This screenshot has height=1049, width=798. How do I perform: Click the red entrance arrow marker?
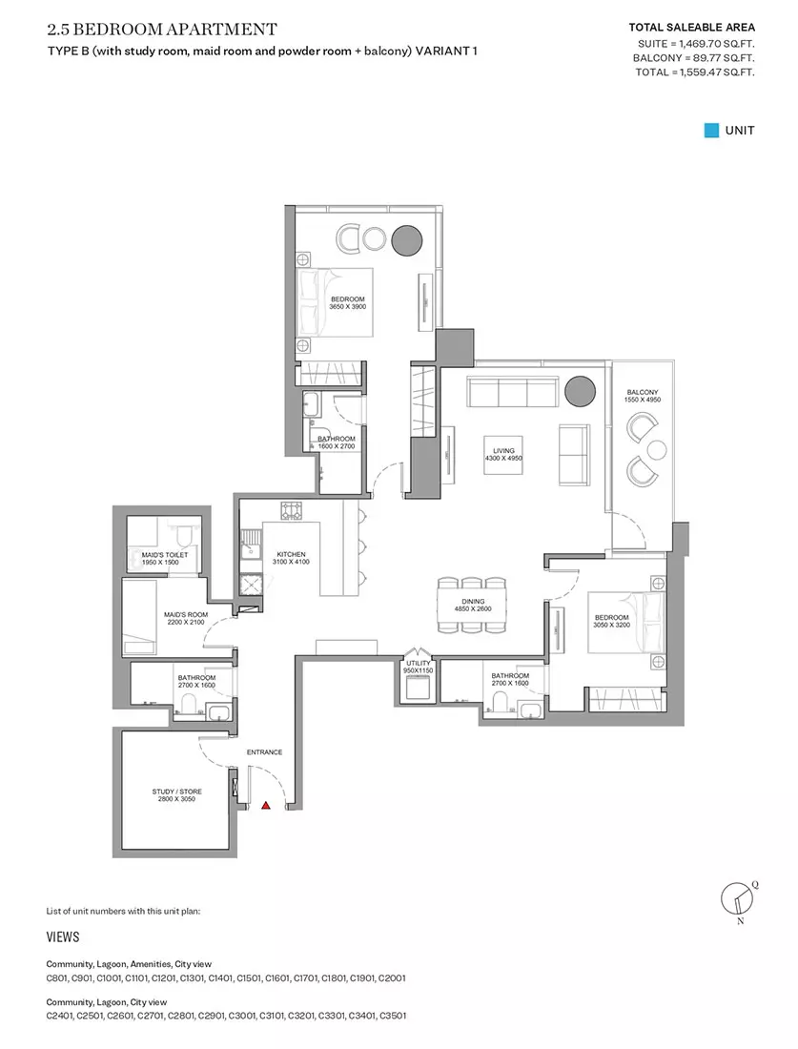[x=266, y=807]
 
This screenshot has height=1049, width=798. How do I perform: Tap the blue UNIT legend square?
[x=711, y=131]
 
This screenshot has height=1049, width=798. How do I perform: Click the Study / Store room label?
[x=176, y=795]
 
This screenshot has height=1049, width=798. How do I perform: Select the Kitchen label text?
[x=291, y=558]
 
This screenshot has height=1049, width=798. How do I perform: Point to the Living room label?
[x=503, y=454]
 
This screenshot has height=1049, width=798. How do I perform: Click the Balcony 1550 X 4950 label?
[x=643, y=396]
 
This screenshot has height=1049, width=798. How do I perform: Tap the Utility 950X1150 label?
[x=419, y=667]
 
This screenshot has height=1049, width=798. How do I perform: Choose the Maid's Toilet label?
[x=165, y=559]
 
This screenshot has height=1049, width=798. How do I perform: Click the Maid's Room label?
[x=186, y=618]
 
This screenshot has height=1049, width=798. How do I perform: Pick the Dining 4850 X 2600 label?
[x=473, y=605]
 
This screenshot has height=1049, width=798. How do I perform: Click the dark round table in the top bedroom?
[x=407, y=239]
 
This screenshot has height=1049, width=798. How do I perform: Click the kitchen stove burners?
[x=291, y=511]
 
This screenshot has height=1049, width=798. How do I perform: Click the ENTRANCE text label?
[x=264, y=752]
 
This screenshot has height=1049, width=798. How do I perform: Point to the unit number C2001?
[x=392, y=978]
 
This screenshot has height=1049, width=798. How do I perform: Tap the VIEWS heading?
[x=63, y=936]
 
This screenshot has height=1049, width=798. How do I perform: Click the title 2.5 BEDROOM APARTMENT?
[x=162, y=30]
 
